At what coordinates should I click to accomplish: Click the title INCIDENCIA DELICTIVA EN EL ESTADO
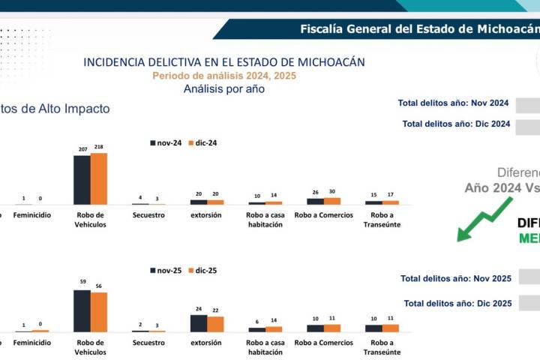[x=224, y=61]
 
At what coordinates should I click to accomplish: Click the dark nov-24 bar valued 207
[x=82, y=180]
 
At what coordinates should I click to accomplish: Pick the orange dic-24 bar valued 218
[x=99, y=178]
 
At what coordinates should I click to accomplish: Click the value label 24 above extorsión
[x=199, y=308]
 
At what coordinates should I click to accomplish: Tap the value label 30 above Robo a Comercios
[x=332, y=191]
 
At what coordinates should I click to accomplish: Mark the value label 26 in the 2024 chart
[x=315, y=191]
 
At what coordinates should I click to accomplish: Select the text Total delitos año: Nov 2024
[x=454, y=103]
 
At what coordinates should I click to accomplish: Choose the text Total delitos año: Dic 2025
[x=457, y=304]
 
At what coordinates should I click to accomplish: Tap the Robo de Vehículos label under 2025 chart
[x=90, y=347]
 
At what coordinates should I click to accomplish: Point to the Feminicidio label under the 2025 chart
[x=31, y=343]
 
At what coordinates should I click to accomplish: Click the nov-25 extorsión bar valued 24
[x=199, y=323]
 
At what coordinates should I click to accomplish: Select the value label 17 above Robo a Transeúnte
[x=391, y=195]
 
